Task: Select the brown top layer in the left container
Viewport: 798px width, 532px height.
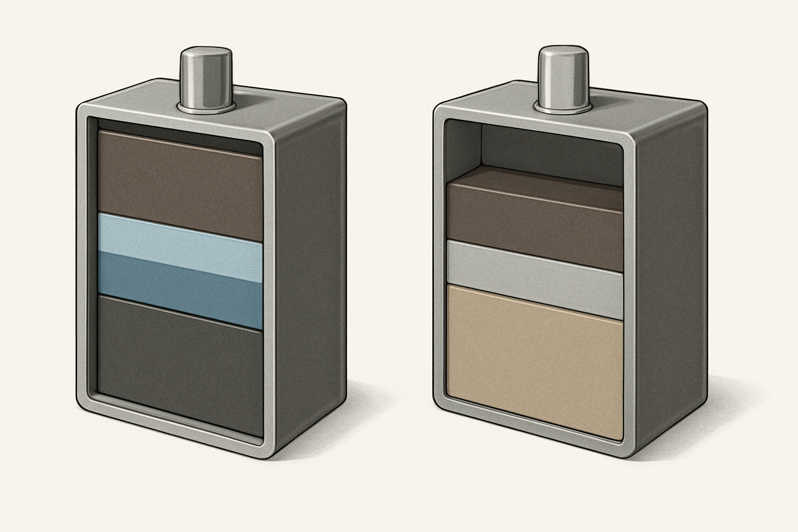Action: tap(179, 184)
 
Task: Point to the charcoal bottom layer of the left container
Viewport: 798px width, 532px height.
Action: tap(179, 369)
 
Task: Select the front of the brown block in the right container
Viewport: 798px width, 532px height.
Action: tap(535, 229)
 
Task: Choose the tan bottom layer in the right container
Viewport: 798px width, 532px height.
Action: tap(535, 358)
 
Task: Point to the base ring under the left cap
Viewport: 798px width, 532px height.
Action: tap(205, 108)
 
